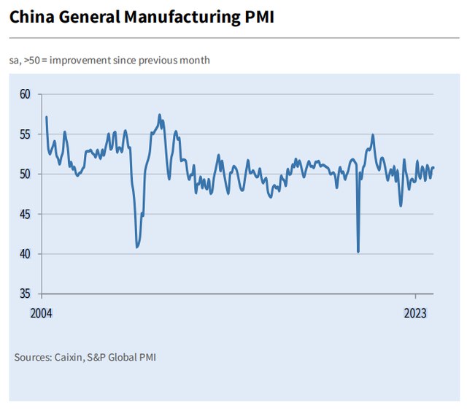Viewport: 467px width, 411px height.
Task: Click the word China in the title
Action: coord(31,17)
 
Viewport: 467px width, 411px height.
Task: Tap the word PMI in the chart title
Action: coord(258,17)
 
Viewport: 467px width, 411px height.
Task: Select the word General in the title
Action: coord(89,17)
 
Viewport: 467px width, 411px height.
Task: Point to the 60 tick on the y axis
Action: coord(26,94)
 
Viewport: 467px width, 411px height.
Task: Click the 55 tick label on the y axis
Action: coord(26,134)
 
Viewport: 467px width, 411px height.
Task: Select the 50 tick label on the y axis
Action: coord(26,174)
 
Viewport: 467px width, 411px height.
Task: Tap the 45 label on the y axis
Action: coord(26,214)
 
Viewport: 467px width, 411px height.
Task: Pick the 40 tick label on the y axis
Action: coord(26,254)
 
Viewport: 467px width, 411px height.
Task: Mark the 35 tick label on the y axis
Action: coord(26,294)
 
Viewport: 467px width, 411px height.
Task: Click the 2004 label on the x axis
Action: coord(42,312)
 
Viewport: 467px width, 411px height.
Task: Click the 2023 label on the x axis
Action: coord(415,312)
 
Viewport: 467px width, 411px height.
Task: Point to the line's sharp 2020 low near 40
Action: coord(358,252)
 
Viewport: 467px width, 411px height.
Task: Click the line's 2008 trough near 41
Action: coord(137,247)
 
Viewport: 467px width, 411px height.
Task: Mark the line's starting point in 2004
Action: coord(46,117)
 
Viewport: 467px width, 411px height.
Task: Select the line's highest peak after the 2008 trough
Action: coord(159,115)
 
